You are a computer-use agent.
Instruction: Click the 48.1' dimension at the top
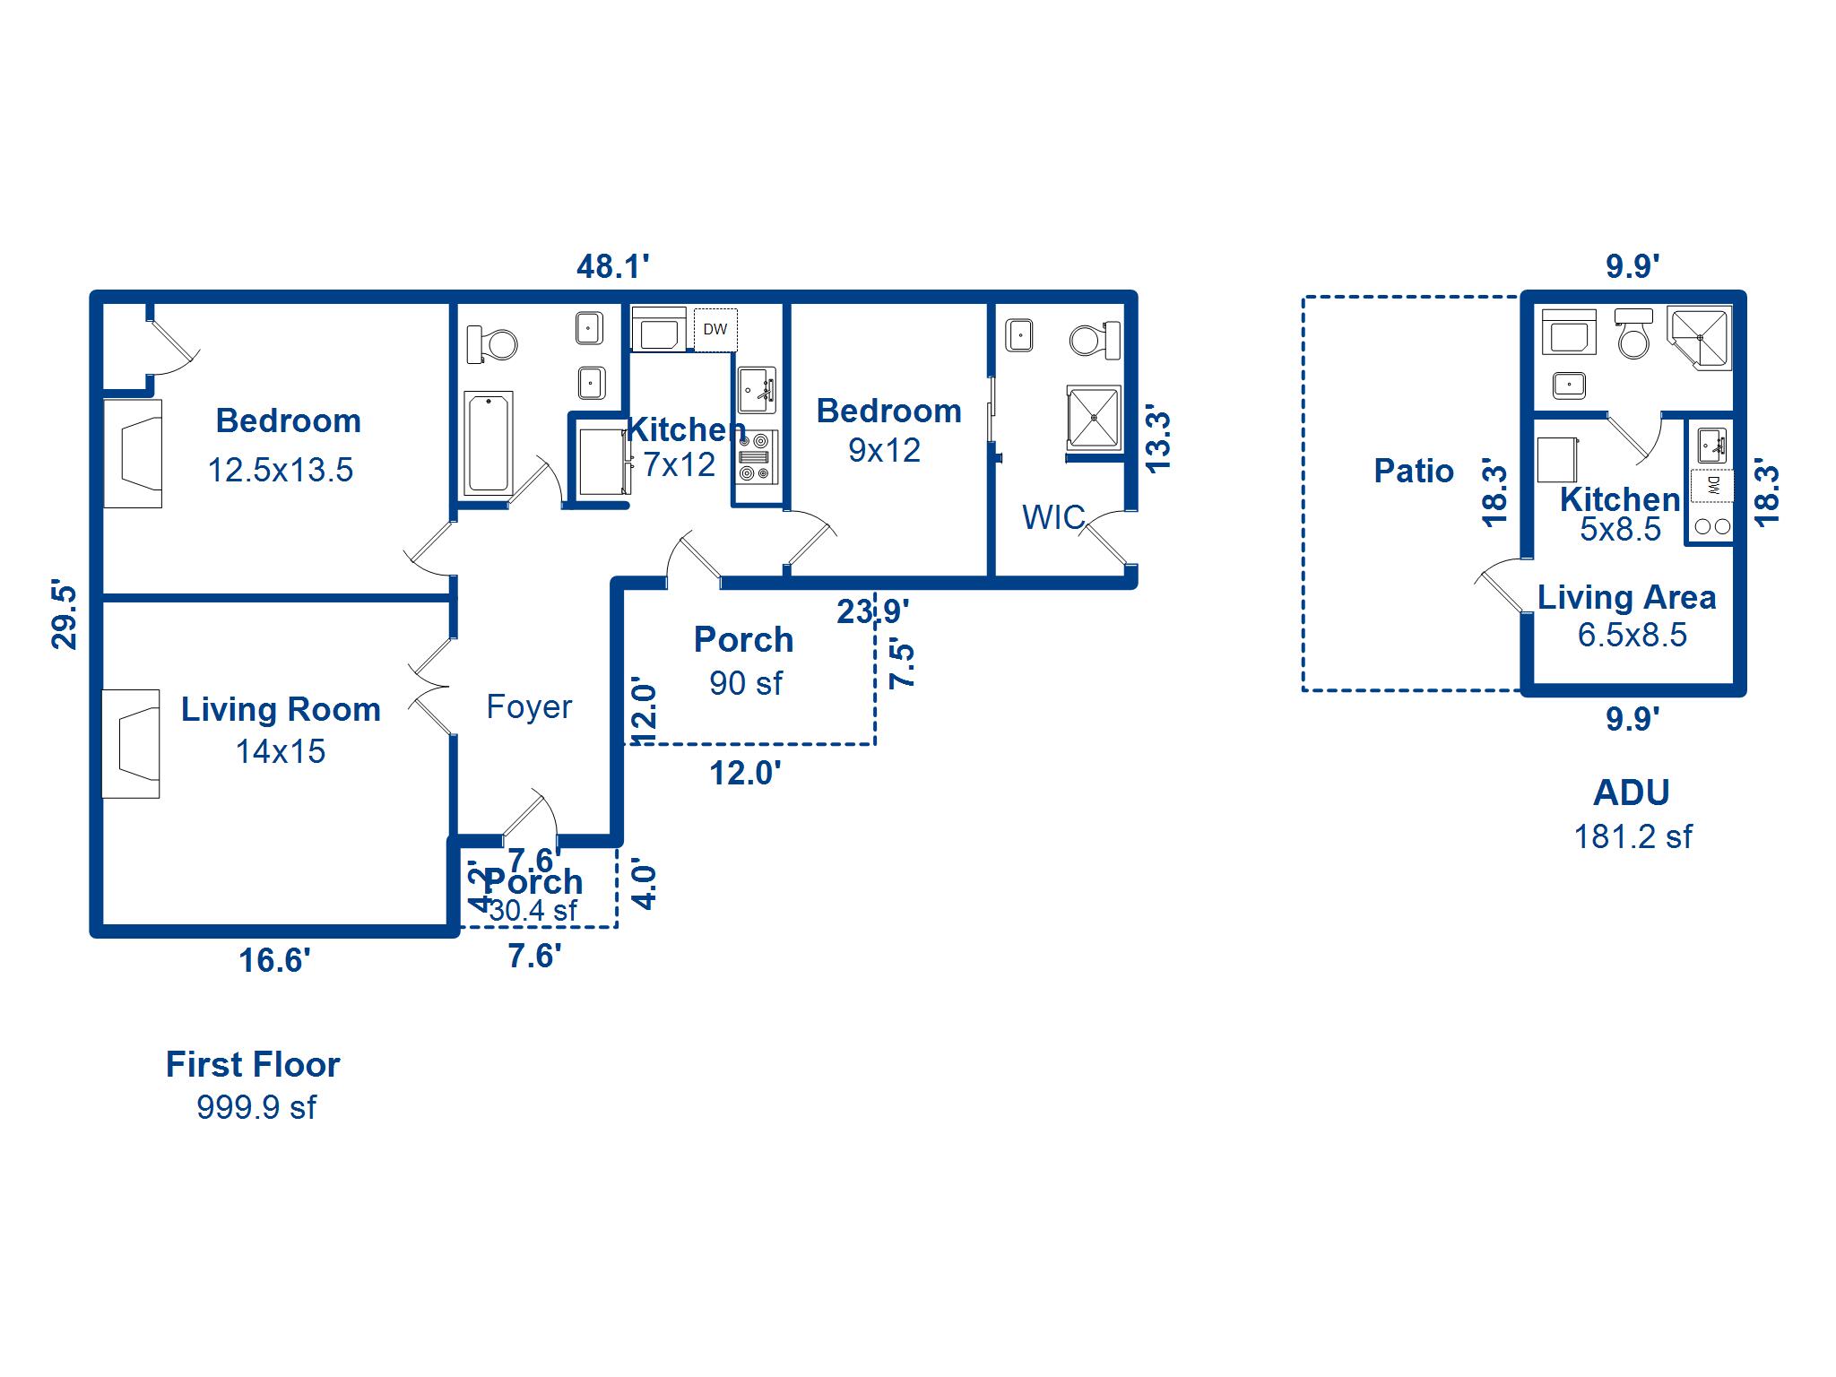tap(612, 266)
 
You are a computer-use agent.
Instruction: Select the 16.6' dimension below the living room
tap(274, 960)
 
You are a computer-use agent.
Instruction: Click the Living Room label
tap(281, 709)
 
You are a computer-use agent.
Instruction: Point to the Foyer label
tap(529, 706)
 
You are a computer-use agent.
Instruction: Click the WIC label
tap(1053, 517)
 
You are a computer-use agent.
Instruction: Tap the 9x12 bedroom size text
tap(884, 450)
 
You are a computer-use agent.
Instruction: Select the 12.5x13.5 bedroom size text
tap(281, 470)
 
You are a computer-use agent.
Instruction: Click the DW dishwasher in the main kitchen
tap(715, 329)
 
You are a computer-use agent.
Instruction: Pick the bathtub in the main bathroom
tap(489, 444)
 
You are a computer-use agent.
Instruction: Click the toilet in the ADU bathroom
tap(1633, 333)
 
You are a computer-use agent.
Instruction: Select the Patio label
tap(1414, 471)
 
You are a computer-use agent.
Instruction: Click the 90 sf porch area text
tap(746, 683)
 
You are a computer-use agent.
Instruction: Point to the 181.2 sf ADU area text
tap(1632, 836)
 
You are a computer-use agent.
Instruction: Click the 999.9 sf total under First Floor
tap(256, 1107)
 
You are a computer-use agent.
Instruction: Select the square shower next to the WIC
tap(1094, 418)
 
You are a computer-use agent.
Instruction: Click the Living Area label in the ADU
tap(1626, 597)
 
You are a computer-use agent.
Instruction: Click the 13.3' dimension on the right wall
tap(1158, 442)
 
